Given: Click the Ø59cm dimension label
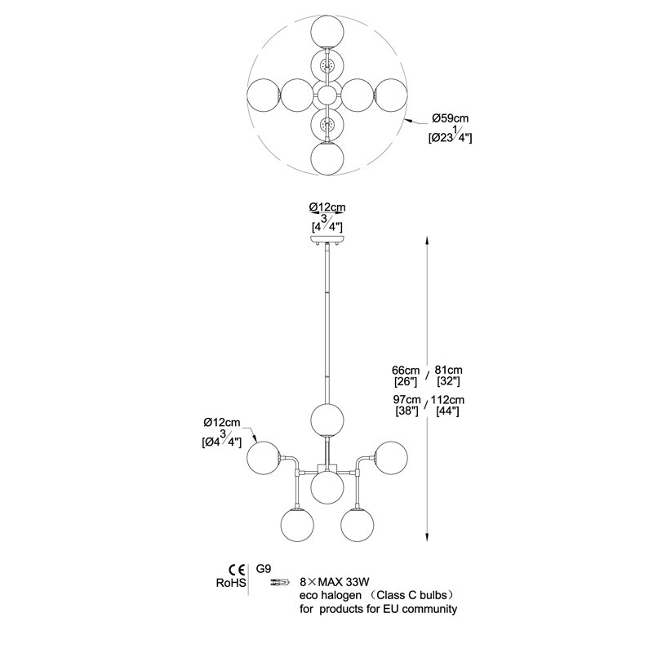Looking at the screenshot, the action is (x=450, y=118).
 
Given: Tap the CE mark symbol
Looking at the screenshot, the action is (x=236, y=570).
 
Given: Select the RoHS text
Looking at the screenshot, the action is (x=231, y=583).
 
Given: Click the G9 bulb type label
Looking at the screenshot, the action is (x=263, y=569).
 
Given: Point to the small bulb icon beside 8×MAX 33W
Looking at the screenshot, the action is (x=279, y=582).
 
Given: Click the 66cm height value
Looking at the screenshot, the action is (x=406, y=370).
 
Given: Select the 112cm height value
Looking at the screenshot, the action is (x=447, y=400).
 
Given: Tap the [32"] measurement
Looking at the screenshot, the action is (x=448, y=381).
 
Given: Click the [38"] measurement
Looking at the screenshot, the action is (x=406, y=411).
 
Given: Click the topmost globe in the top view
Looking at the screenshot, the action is (x=327, y=33).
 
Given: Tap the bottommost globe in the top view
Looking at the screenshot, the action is (x=327, y=158).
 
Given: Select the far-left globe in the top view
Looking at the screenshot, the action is (x=264, y=95).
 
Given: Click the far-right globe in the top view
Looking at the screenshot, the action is (x=391, y=95).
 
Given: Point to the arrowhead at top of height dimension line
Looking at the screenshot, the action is (x=427, y=242).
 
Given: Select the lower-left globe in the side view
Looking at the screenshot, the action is (x=297, y=525).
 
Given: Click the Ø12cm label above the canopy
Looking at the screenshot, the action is (x=327, y=207).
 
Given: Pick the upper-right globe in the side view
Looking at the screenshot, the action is (x=391, y=458).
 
